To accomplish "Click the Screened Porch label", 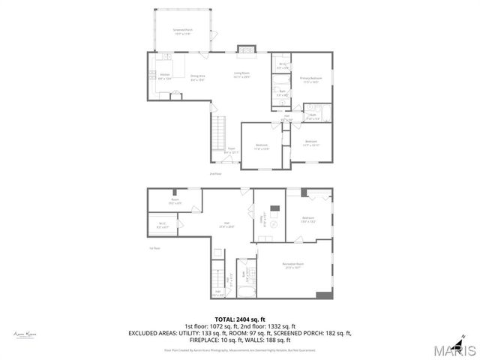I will click(x=184, y=32).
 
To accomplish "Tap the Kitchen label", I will click(x=165, y=76).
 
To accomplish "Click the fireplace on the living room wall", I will click(x=246, y=50).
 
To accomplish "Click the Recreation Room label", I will click(x=292, y=265).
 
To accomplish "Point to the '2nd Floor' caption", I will click(x=215, y=174).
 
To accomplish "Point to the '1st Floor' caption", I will click(x=155, y=248).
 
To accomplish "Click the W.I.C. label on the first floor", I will click(x=162, y=223).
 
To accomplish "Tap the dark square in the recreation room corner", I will click(x=325, y=295).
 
